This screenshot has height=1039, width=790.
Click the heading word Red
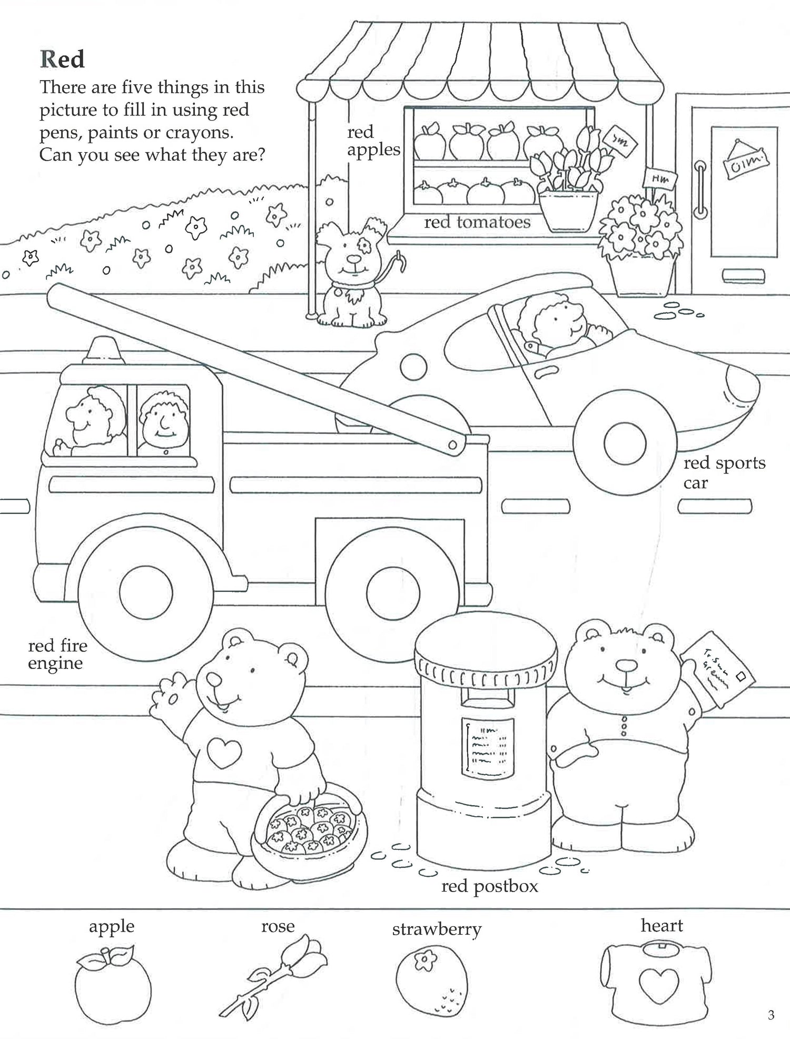[62, 60]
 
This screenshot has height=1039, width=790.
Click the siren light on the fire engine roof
[103, 351]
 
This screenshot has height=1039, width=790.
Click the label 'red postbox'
[489, 886]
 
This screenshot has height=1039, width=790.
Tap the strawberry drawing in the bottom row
[431, 982]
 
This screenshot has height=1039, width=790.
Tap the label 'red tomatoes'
[477, 222]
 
